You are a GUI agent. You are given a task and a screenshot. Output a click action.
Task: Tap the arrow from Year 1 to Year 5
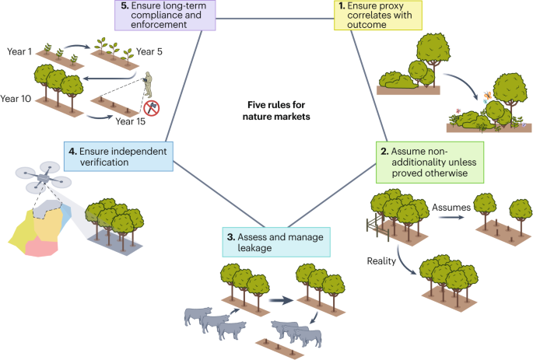pyautogui.click(x=78, y=55)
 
